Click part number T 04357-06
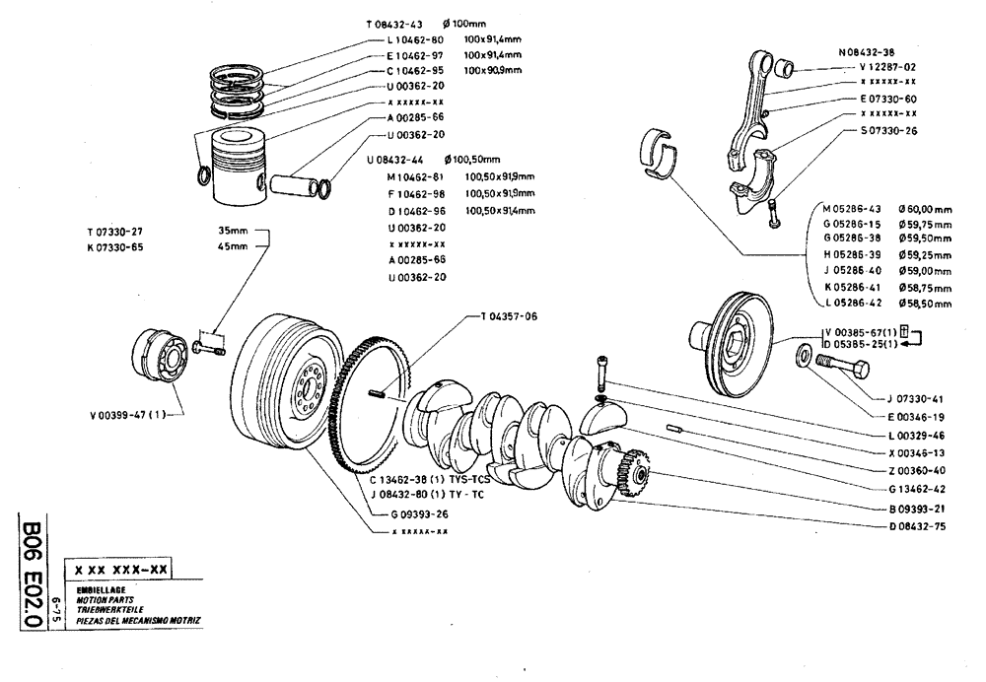click(510, 316)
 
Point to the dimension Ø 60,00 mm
click(924, 209)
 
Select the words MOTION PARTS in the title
click(104, 598)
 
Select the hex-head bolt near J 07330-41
click(848, 373)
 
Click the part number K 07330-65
click(115, 247)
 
